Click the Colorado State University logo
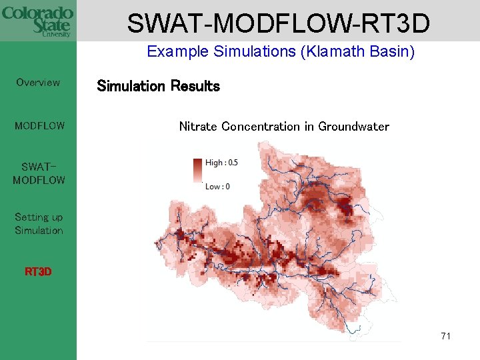click(38, 21)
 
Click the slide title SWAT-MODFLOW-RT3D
click(278, 23)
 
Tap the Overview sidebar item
click(38, 83)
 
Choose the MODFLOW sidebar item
click(39, 125)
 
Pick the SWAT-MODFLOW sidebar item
click(39, 173)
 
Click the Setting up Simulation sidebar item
click(39, 223)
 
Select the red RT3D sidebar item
click(38, 272)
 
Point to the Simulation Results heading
click(158, 86)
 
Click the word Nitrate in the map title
click(199, 127)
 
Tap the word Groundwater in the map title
click(353, 127)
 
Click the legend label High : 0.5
click(221, 163)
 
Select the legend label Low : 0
click(217, 186)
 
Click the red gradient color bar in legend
click(197, 171)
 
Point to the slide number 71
click(446, 336)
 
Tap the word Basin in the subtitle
click(392, 52)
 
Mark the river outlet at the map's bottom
click(351, 327)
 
